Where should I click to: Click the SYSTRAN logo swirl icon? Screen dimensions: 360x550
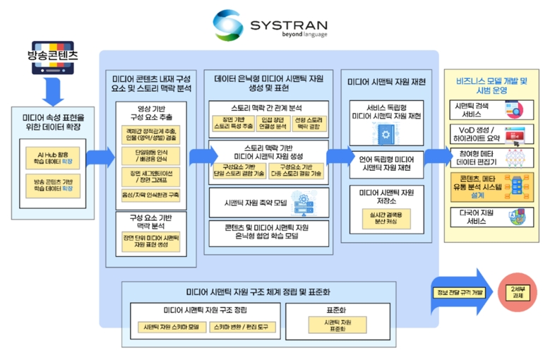pyautogui.click(x=230, y=25)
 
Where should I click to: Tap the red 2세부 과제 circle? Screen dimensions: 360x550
pyautogui.click(x=517, y=292)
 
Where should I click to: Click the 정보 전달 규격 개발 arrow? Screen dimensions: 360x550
pyautogui.click(x=459, y=292)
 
